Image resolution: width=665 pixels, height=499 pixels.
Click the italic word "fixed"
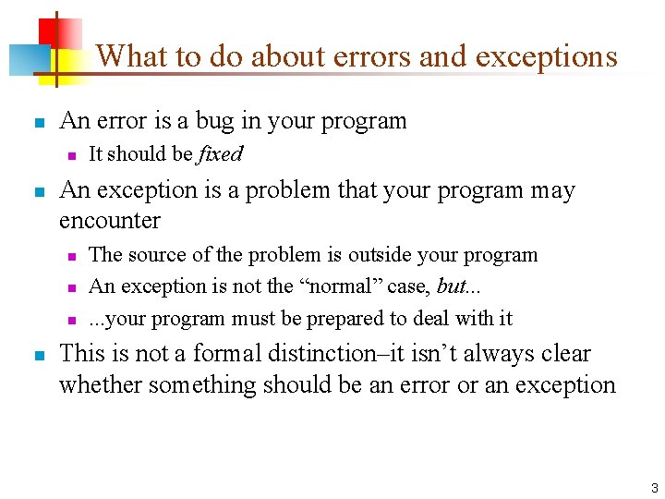point(221,154)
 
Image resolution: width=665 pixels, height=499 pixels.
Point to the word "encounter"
point(109,221)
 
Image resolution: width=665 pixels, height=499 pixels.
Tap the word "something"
point(199,384)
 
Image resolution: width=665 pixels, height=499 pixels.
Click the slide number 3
point(652,487)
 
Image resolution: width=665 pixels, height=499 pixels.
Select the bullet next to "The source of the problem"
point(70,256)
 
